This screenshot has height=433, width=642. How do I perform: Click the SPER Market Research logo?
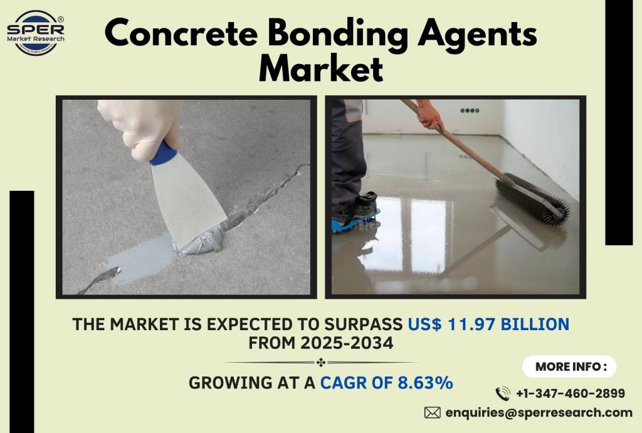(x=35, y=32)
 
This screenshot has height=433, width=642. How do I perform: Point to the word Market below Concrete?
(x=320, y=68)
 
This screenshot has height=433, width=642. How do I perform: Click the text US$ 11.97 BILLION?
(x=488, y=324)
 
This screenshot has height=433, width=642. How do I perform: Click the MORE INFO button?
(x=569, y=366)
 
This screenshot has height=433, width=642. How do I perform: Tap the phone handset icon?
(x=502, y=393)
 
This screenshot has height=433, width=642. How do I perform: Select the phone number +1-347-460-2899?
(x=570, y=393)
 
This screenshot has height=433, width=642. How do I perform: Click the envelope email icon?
(x=432, y=412)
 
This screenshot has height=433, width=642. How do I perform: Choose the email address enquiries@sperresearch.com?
(x=539, y=412)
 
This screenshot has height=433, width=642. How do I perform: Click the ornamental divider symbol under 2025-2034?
(x=320, y=362)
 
